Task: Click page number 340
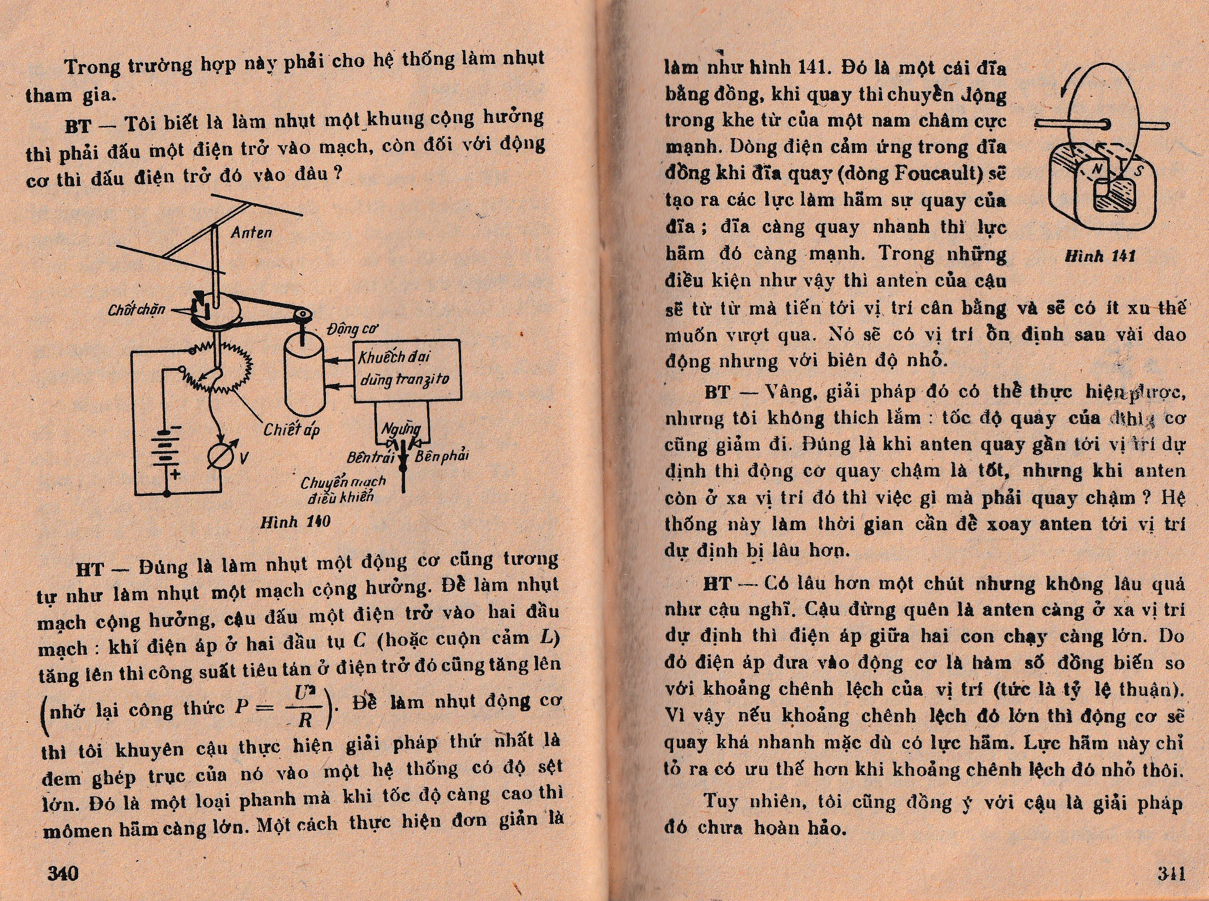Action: (63, 873)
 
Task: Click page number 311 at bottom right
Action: (1171, 873)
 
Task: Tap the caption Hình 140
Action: (295, 522)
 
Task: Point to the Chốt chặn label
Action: (137, 310)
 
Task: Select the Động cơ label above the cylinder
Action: (352, 329)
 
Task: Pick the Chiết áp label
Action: (292, 430)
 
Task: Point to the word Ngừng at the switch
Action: (401, 429)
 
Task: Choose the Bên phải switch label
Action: (441, 456)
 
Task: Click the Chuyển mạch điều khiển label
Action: (343, 489)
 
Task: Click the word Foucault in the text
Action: (937, 173)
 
